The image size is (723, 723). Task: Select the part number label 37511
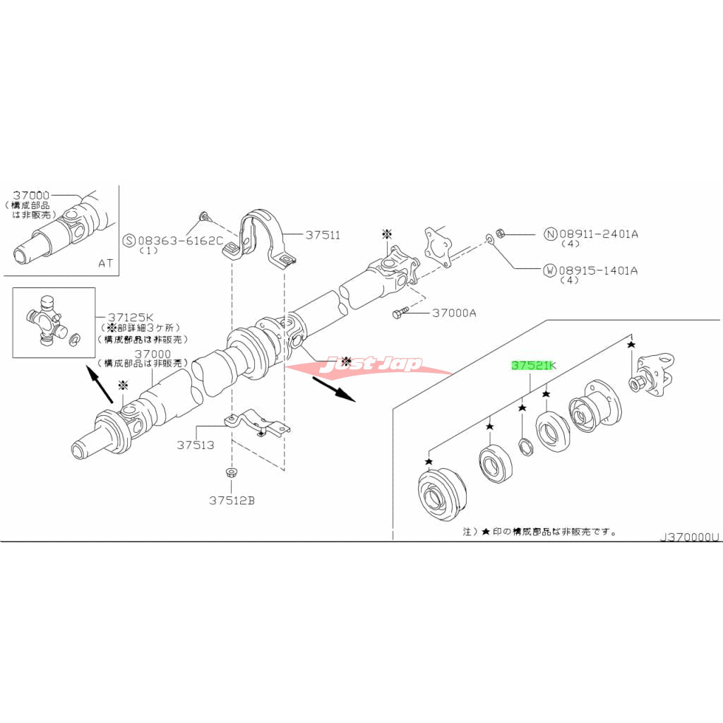tap(323, 235)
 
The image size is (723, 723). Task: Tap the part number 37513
tap(195, 446)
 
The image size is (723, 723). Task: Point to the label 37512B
tap(231, 501)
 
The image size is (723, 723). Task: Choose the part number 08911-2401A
tap(599, 234)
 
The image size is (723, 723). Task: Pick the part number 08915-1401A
tap(599, 270)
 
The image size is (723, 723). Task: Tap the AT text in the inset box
tap(105, 263)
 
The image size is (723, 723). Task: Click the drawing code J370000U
tap(689, 537)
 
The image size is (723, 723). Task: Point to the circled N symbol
tap(549, 234)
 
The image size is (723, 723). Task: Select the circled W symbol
tap(549, 270)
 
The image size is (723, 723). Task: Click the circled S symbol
tap(129, 240)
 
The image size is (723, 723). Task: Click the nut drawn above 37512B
tap(231, 474)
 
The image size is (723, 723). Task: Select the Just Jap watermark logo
tap(374, 365)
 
